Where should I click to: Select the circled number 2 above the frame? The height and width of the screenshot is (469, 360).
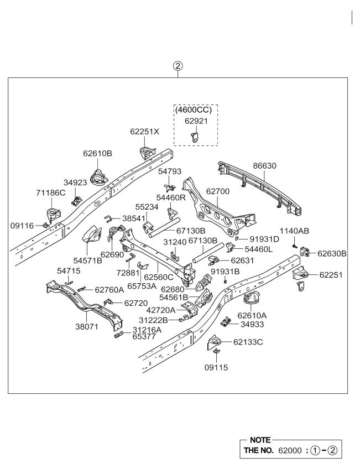pos(178,67)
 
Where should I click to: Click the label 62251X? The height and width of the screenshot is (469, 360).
pos(145,132)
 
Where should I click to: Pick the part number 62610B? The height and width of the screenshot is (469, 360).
pos(98,153)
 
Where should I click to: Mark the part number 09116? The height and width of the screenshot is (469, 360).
pos(23,225)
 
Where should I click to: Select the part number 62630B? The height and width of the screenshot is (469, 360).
pos(332,253)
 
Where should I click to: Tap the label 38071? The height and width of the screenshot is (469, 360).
pos(87,326)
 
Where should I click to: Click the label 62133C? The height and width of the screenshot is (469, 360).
pos(248,342)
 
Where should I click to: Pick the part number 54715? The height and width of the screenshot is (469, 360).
pos(69,270)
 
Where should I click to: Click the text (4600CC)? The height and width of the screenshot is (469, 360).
pos(196,110)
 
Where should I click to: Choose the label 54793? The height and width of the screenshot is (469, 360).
pos(170,171)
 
